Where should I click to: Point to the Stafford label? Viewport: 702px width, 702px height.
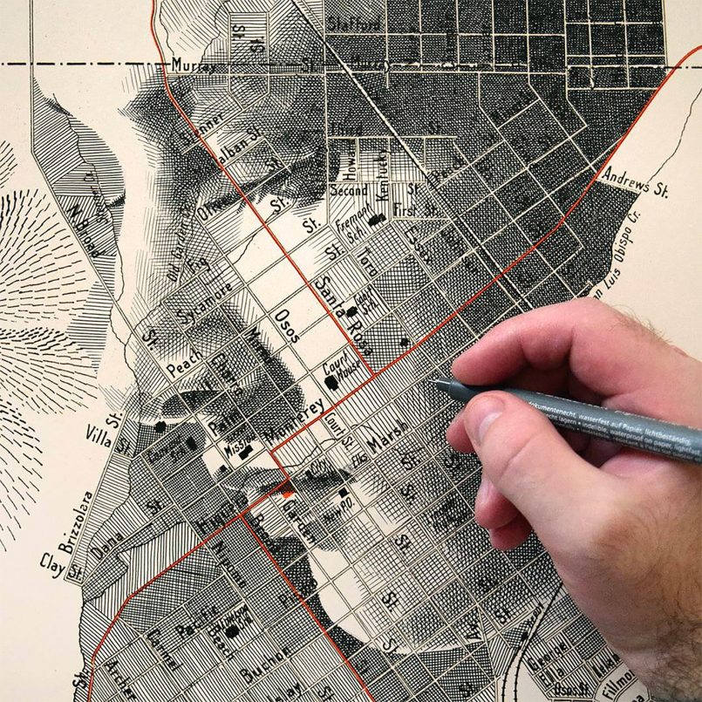(356, 24)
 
